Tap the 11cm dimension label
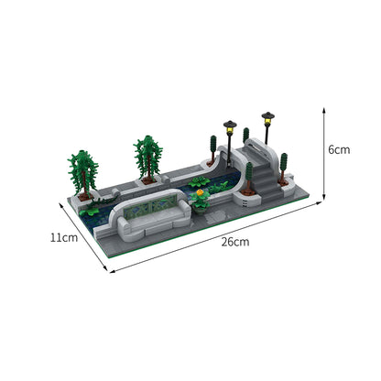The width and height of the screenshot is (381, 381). (63, 237)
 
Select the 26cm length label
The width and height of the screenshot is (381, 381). (234, 242)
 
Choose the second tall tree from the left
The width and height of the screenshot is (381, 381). (147, 156)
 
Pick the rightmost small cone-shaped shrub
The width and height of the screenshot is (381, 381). (284, 166)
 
